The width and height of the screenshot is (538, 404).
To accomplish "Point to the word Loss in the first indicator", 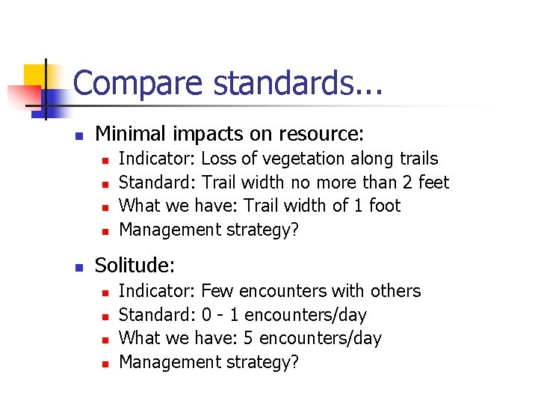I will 218,159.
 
